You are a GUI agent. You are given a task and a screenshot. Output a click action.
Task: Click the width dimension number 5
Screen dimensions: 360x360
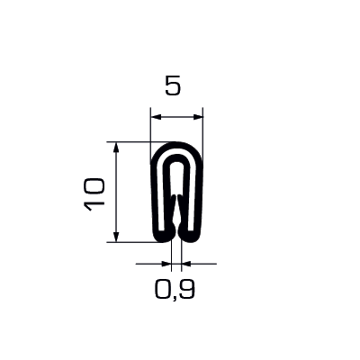click(x=173, y=85)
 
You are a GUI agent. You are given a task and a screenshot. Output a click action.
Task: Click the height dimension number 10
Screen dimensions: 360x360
click(x=94, y=194)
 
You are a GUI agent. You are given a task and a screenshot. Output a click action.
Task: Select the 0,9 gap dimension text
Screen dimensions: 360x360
click(x=175, y=290)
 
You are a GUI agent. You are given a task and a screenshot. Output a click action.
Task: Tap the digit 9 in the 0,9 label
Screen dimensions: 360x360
click(x=187, y=289)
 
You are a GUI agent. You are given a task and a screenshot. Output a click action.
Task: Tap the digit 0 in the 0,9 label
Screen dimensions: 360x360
click(x=163, y=289)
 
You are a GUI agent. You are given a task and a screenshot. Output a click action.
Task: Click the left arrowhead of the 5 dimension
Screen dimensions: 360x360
click(x=157, y=117)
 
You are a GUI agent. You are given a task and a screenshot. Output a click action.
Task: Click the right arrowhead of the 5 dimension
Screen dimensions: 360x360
click(x=197, y=117)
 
